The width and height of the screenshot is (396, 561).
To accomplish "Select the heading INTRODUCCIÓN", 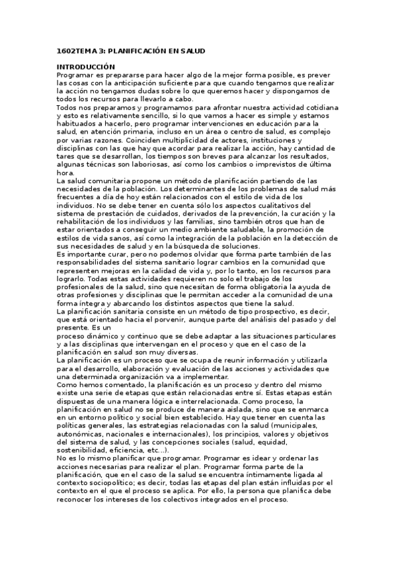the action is tap(86, 67).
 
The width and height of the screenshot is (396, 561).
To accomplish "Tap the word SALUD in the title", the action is tap(188, 50).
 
